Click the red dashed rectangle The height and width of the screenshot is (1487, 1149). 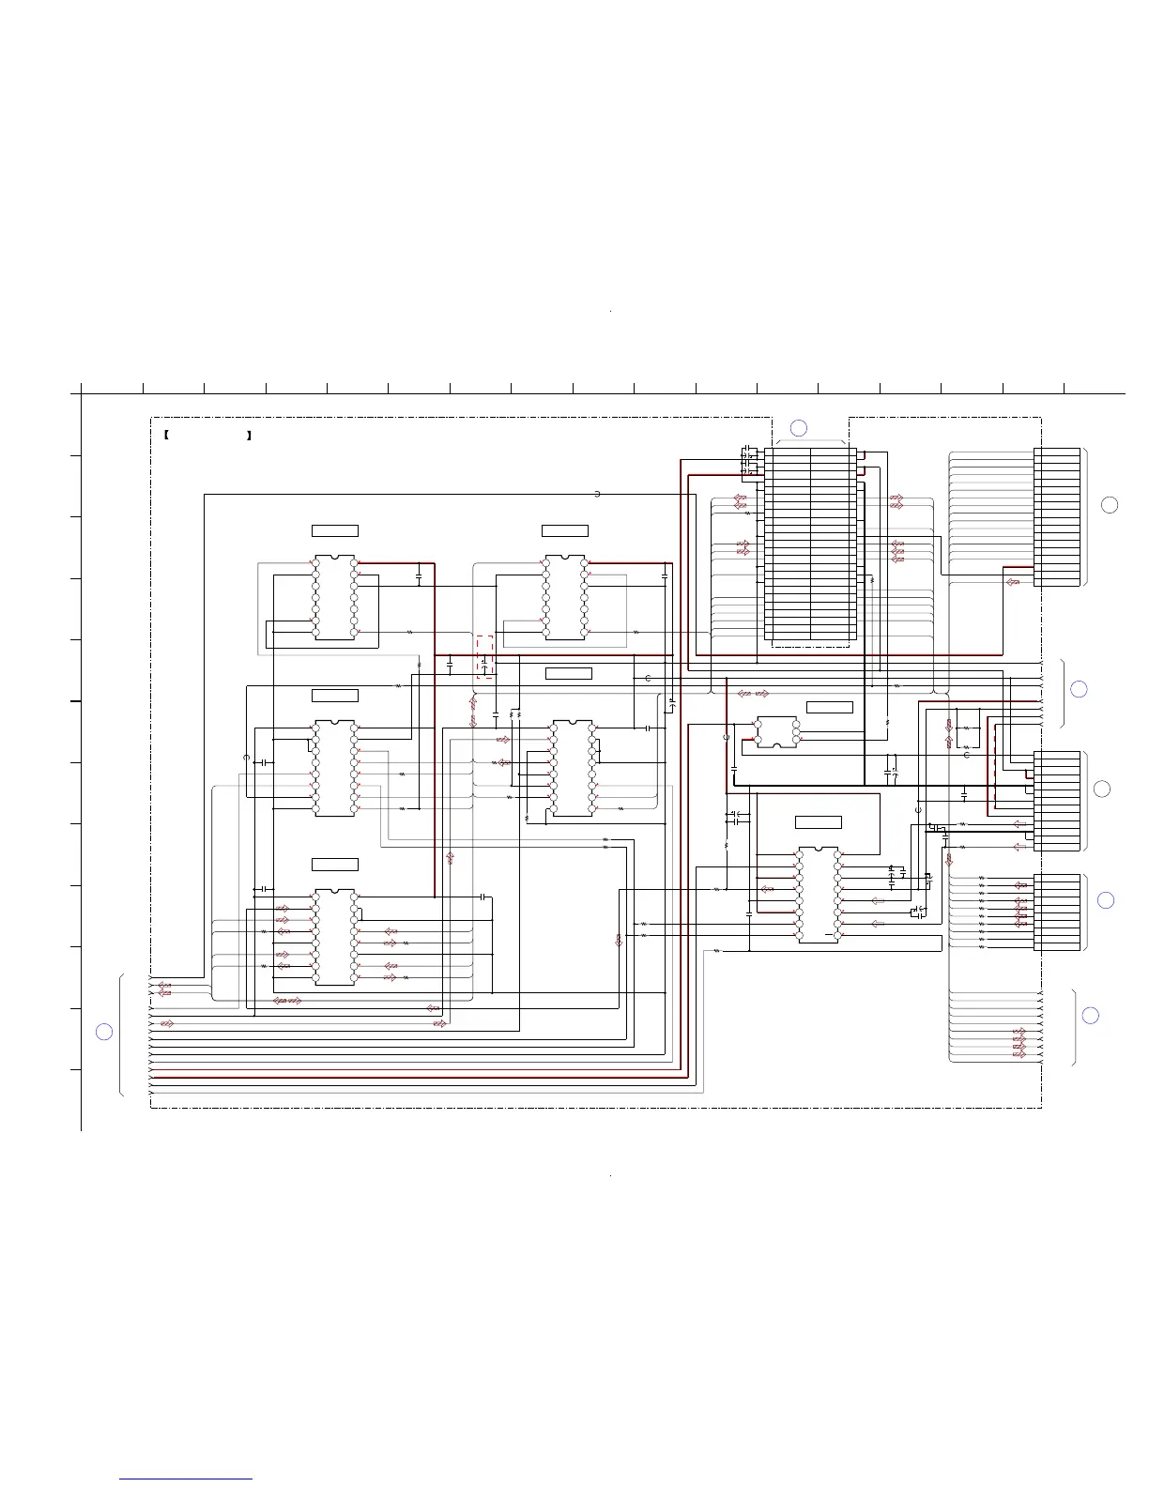click(x=484, y=656)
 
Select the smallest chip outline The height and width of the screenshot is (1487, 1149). click(x=777, y=732)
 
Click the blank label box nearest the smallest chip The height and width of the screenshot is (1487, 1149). click(x=830, y=707)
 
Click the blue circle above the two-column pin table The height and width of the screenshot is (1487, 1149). click(x=798, y=428)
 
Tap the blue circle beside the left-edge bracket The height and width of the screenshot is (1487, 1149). click(x=104, y=1032)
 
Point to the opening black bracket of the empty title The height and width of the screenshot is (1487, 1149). click(x=165, y=436)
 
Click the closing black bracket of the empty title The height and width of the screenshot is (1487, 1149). click(x=250, y=436)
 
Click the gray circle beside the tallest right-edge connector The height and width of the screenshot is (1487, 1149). click(x=1110, y=505)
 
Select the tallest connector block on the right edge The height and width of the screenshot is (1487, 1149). click(x=1057, y=517)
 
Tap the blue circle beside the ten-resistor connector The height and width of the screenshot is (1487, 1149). click(x=1106, y=900)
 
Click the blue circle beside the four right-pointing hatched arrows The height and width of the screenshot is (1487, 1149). click(x=1090, y=1015)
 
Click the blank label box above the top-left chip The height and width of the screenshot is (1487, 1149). click(x=335, y=531)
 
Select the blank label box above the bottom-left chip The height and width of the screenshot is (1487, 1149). click(x=335, y=864)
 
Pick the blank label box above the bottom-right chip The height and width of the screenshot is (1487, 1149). click(x=819, y=822)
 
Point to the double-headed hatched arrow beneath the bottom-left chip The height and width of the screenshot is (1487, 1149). click(x=287, y=1002)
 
